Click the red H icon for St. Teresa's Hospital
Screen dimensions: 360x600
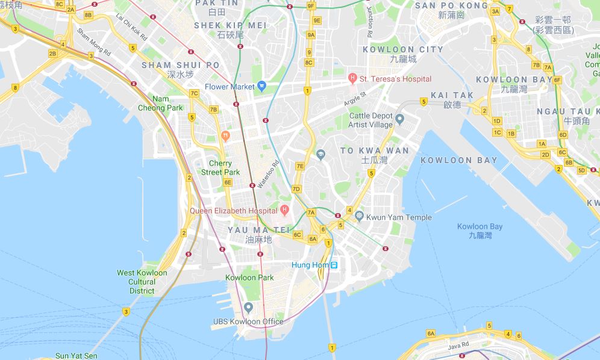click(352, 79)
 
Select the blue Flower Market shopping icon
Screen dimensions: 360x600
click(261, 87)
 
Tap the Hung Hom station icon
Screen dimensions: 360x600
click(334, 265)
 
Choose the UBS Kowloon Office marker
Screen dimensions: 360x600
click(248, 308)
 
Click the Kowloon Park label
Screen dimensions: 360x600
click(249, 278)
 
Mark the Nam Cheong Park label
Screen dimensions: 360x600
click(167, 104)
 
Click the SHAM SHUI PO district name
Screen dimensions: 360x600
click(181, 65)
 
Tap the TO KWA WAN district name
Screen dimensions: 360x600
click(374, 151)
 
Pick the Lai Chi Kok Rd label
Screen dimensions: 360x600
click(131, 27)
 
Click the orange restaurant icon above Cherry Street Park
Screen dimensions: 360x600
click(225, 135)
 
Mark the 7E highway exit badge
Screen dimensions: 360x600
click(300, 166)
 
